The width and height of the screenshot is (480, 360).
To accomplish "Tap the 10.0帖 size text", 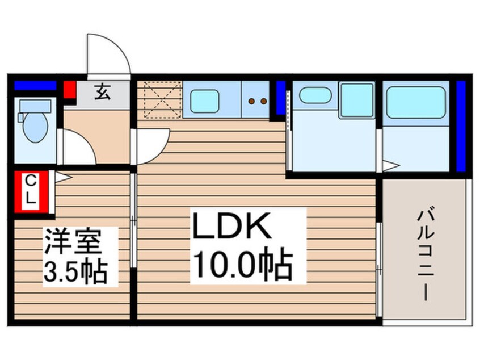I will pyautogui.click(x=243, y=265).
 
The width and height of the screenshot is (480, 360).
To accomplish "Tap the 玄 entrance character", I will pyautogui.click(x=102, y=91).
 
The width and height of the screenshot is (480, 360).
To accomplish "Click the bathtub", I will pyautogui.click(x=415, y=102).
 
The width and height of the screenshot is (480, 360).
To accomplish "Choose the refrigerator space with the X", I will pyautogui.click(x=161, y=100).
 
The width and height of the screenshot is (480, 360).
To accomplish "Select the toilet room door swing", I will pyautogui.click(x=77, y=148).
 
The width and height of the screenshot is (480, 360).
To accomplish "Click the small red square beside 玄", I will pyautogui.click(x=69, y=90).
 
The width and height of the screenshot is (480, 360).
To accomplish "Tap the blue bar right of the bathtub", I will pyautogui.click(x=461, y=126).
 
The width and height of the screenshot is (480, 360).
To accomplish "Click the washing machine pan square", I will pyautogui.click(x=356, y=101).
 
